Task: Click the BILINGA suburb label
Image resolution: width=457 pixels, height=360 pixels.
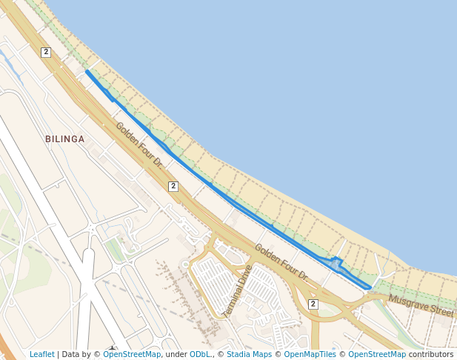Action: (x=64, y=139)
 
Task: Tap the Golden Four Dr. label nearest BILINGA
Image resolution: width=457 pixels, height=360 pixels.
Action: (x=139, y=144)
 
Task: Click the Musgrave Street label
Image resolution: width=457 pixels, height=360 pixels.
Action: (x=420, y=304)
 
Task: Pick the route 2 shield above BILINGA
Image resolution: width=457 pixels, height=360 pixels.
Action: (x=46, y=52)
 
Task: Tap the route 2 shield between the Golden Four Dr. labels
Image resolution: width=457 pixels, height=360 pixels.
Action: (x=173, y=186)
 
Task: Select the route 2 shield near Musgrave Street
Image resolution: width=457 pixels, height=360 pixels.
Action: (x=313, y=304)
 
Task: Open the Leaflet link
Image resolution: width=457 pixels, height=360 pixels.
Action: (x=41, y=354)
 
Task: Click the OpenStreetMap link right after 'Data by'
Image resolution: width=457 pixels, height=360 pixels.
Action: (x=132, y=354)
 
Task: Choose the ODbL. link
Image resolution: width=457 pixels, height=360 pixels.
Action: (x=201, y=354)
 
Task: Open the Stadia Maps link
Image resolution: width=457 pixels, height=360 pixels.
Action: (x=249, y=354)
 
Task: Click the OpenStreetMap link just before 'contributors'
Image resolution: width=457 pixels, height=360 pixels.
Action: (x=376, y=354)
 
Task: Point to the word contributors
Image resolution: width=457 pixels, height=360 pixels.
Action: (x=430, y=354)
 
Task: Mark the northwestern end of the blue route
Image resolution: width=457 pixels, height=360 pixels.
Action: (x=87, y=72)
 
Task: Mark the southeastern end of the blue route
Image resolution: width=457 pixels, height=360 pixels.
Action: (x=370, y=287)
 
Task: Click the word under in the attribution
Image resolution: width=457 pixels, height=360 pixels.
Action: (x=176, y=354)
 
